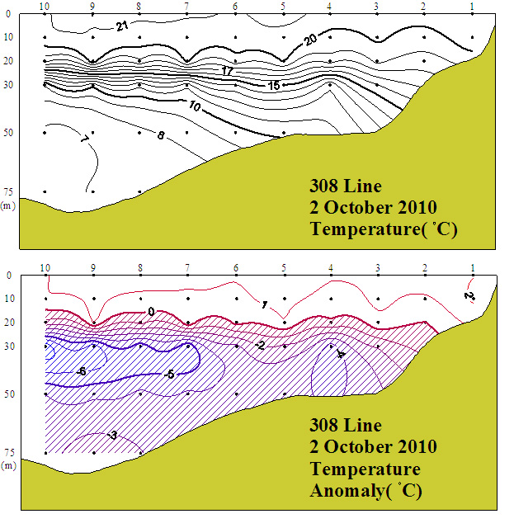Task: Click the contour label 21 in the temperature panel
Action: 122,27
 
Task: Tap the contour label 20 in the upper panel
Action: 310,40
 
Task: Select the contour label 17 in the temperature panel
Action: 228,72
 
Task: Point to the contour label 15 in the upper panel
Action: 274,86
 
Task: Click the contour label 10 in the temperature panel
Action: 196,106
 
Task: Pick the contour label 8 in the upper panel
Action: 161,136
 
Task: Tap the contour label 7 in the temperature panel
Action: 85,140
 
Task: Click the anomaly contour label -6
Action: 81,371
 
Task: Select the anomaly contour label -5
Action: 169,375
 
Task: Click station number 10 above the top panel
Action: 45,7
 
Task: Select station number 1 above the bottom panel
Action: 472,267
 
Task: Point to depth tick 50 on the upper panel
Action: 8,132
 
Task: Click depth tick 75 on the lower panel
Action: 8,453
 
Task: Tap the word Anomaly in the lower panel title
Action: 342,492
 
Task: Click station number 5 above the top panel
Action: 283,7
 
